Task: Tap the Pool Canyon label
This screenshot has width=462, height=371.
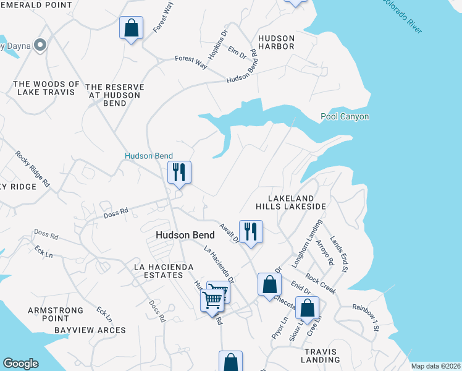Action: pos(345,116)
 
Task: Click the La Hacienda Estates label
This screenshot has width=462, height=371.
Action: pos(164,271)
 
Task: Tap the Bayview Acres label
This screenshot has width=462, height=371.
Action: pos(90,330)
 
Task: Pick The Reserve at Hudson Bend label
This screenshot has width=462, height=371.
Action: pos(115,95)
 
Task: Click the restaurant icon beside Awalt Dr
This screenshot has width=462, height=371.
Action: pos(251,232)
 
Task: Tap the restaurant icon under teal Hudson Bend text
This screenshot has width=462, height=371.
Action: pos(179,173)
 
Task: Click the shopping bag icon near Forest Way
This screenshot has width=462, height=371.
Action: pos(131,28)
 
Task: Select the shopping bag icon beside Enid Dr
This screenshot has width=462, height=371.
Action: pos(269,284)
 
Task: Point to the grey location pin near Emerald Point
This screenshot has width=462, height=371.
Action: pos(41,45)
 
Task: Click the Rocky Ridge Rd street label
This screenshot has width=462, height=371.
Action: pos(33,169)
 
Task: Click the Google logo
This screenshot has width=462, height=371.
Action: pos(20,364)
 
